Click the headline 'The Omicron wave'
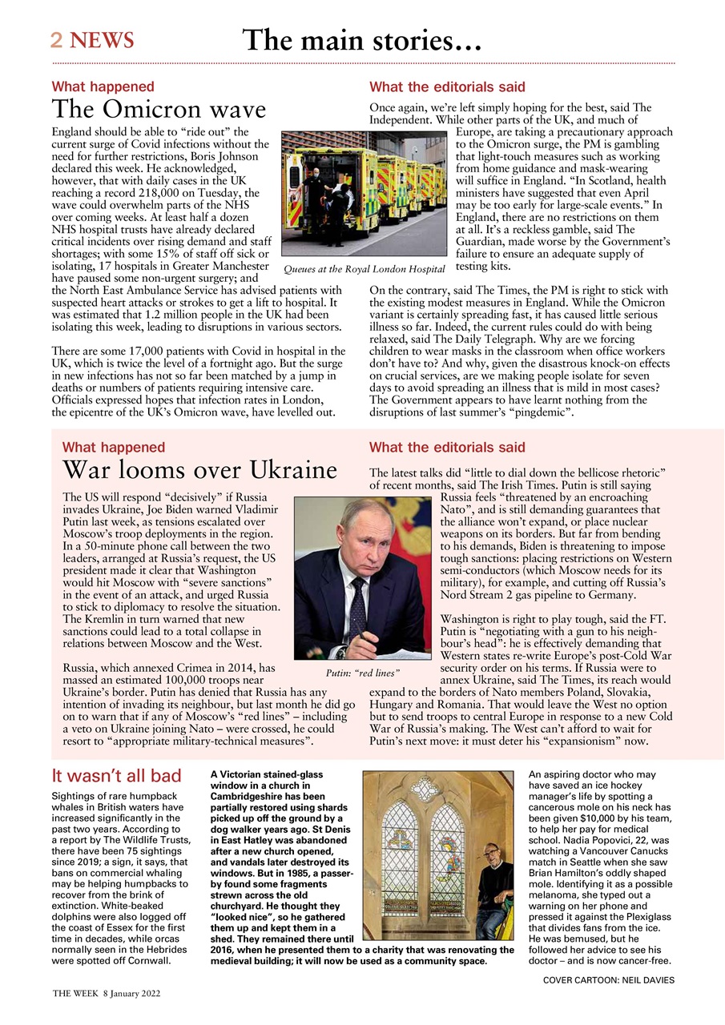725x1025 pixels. [159, 110]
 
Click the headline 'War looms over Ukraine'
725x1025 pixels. [199, 469]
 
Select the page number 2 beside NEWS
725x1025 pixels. [57, 40]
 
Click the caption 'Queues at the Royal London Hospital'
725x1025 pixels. [364, 270]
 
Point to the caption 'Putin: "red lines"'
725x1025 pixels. [362, 673]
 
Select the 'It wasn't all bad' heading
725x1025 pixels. [116, 775]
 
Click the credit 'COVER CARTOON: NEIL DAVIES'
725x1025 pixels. [608, 979]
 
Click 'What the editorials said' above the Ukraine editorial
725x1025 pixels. [447, 447]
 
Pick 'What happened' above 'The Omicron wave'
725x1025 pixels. [103, 86]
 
